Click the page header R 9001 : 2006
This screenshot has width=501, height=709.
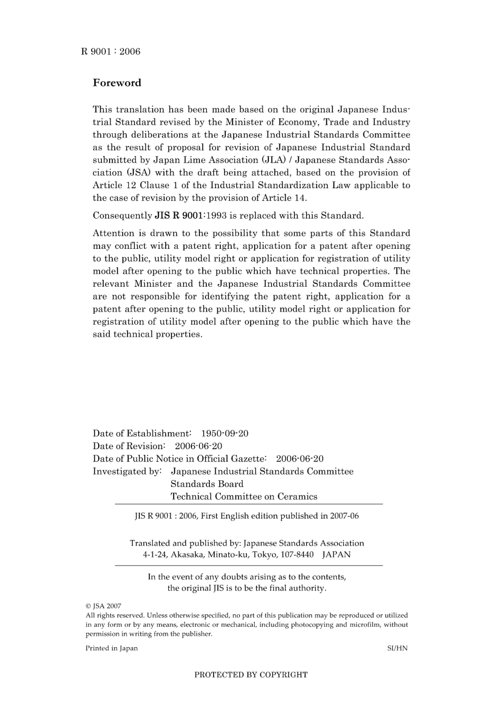pyautogui.click(x=111, y=51)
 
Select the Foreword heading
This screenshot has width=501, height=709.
pyautogui.click(x=117, y=83)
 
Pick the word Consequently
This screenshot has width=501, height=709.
pyautogui.click(x=122, y=216)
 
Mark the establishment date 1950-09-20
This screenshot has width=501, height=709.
pyautogui.click(x=225, y=433)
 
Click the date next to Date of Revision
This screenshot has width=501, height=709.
pyautogui.click(x=198, y=446)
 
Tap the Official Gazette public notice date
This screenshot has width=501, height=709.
pyautogui.click(x=300, y=459)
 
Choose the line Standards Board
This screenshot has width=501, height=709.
pyautogui.click(x=207, y=484)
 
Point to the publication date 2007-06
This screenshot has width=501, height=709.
pyautogui.click(x=344, y=516)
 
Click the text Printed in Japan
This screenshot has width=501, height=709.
pyautogui.click(x=111, y=648)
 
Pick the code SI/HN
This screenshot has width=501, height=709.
pyautogui.click(x=397, y=648)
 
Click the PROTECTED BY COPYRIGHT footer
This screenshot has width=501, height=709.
pyautogui.click(x=250, y=675)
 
